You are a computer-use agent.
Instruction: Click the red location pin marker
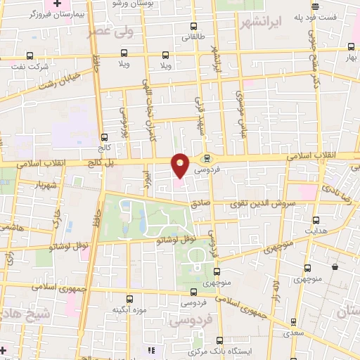(181, 165)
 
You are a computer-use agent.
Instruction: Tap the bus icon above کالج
(105, 138)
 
